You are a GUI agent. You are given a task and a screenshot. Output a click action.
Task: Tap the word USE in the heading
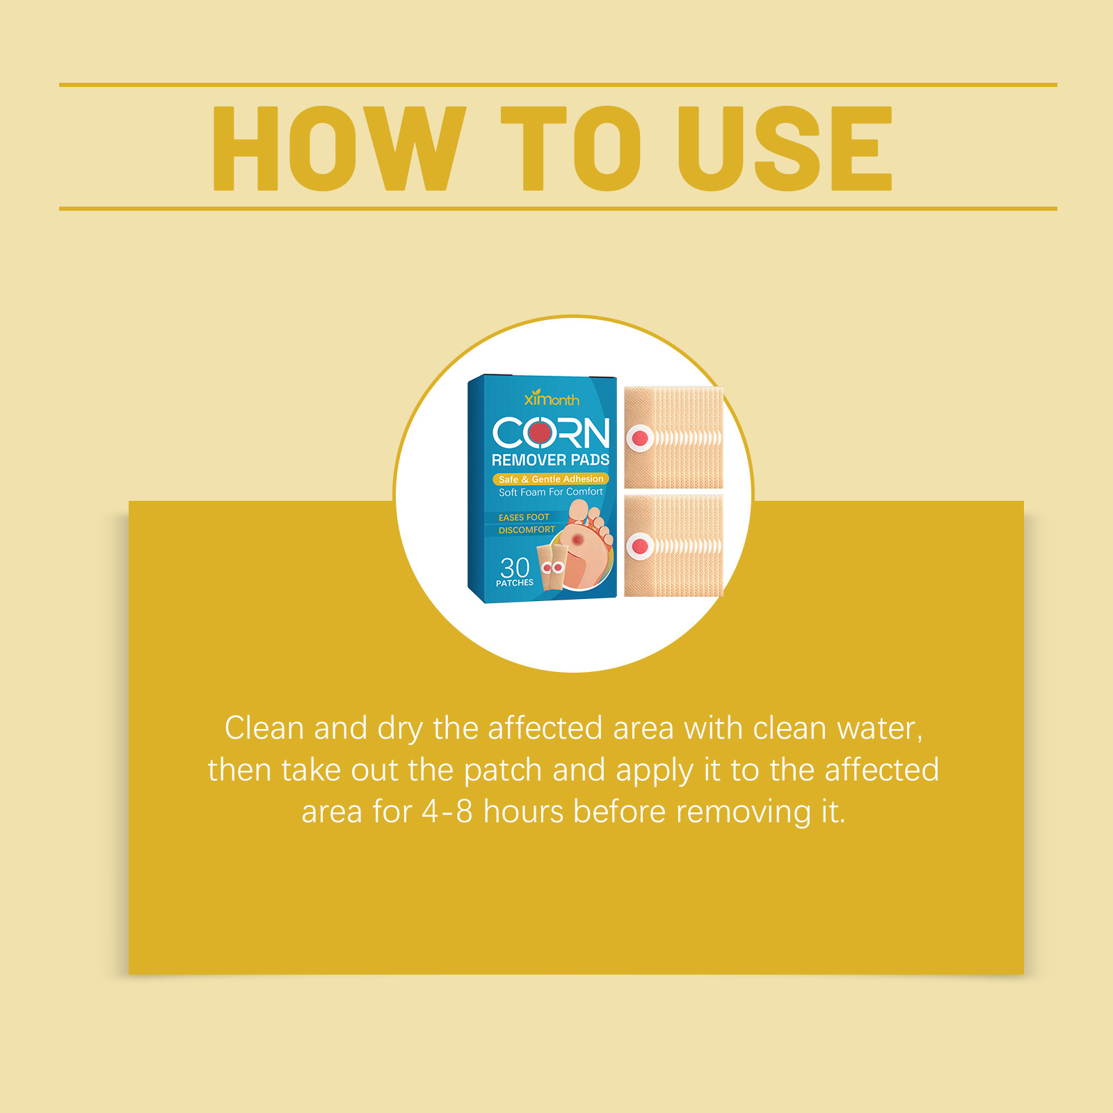tap(785, 148)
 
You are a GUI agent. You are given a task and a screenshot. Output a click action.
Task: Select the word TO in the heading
tap(570, 148)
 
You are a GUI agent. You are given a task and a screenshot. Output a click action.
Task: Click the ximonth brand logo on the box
tap(551, 398)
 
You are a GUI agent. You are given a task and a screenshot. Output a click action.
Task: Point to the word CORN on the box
tap(551, 433)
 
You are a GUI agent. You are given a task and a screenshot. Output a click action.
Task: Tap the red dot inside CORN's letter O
tap(540, 433)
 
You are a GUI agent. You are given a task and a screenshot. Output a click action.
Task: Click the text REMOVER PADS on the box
tap(550, 460)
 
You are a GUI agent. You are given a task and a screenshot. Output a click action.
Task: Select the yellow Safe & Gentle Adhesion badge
tap(550, 479)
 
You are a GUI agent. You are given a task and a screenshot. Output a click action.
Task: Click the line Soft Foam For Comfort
tap(550, 492)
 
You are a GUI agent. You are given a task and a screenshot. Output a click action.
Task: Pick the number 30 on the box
tap(515, 567)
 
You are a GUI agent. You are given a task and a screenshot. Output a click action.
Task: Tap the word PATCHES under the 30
tap(515, 583)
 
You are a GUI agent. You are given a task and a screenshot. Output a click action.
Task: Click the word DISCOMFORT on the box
tap(527, 530)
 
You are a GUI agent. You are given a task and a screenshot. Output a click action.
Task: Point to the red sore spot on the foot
tap(577, 539)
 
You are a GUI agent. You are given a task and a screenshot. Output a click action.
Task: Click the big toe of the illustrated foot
tap(578, 511)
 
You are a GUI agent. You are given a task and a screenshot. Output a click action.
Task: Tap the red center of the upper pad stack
tap(640, 438)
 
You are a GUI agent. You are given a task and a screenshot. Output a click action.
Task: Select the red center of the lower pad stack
tap(640, 547)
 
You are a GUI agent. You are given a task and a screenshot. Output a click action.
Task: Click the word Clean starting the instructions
tap(264, 728)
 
